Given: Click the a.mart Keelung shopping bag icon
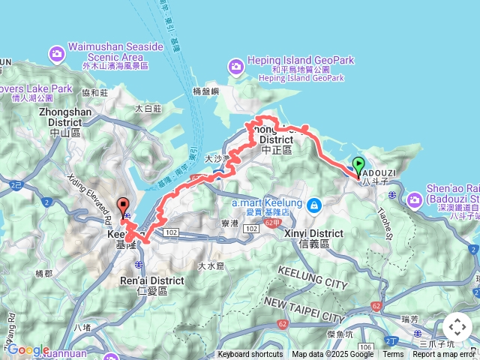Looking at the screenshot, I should point(314,204).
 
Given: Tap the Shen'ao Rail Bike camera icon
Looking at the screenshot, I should point(415,200).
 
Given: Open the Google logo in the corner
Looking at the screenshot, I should point(28,349).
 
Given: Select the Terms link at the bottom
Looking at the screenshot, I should point(393,355).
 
